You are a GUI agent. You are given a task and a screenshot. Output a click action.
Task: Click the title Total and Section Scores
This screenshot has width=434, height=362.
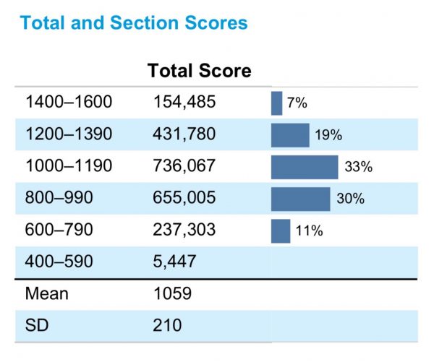134,22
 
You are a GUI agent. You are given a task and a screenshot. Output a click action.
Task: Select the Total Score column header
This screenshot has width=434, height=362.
200,71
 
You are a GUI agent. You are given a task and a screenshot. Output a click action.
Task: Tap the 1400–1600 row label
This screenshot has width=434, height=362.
69,101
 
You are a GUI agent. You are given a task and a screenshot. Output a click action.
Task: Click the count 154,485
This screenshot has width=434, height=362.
184,102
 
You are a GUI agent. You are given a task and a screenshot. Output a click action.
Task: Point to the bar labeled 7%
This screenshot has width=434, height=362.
277,103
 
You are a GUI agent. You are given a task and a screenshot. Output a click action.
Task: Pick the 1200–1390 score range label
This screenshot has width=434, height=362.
69,134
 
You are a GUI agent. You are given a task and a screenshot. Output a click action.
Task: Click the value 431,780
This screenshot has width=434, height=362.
184,134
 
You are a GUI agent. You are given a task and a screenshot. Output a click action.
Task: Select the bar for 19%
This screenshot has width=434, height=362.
290,135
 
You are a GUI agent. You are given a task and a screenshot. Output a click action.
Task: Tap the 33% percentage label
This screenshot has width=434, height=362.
359,167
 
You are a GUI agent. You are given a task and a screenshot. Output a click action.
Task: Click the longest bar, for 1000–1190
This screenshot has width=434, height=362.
305,167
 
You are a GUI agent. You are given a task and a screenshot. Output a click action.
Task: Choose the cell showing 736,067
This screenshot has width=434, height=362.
184,165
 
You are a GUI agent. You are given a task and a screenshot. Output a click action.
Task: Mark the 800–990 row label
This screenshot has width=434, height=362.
59,197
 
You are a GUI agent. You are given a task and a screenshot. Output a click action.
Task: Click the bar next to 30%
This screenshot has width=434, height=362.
301,199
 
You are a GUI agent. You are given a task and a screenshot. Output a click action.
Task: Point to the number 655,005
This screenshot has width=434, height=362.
184,198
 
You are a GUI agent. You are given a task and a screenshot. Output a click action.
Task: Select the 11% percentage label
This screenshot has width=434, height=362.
309,230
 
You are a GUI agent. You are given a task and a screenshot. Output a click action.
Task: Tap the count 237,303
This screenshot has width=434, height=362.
184,230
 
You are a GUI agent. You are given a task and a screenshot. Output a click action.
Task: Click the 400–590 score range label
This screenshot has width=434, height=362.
59,262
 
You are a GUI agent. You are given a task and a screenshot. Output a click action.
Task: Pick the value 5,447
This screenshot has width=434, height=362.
174,262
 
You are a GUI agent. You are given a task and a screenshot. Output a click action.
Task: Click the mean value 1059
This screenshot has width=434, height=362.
172,293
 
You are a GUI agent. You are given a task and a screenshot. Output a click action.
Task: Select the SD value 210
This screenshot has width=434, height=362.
167,325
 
